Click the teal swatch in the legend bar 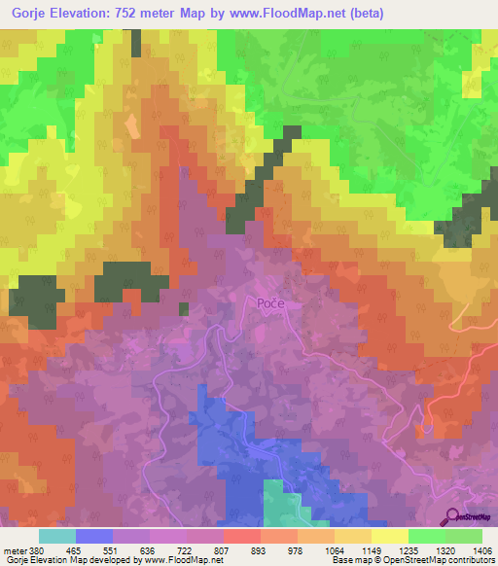coord(57,535)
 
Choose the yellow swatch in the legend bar coord(389,535)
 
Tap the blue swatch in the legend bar coord(94,535)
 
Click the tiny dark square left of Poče coord(183,309)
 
